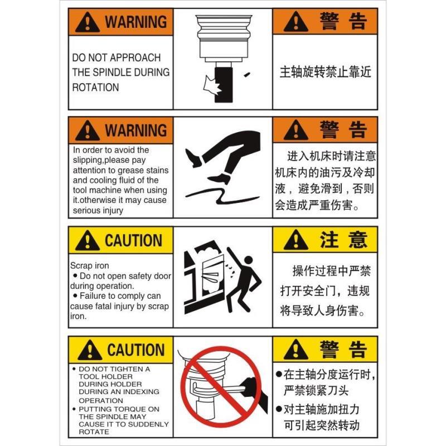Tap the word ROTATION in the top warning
[95, 88]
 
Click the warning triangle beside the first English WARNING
[88, 23]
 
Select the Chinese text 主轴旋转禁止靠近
[325, 72]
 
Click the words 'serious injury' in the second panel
[98, 211]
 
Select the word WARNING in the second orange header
[135, 131]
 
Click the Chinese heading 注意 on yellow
[343, 240]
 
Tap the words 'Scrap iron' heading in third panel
[90, 266]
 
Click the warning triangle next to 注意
[295, 241]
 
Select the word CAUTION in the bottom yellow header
[135, 350]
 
